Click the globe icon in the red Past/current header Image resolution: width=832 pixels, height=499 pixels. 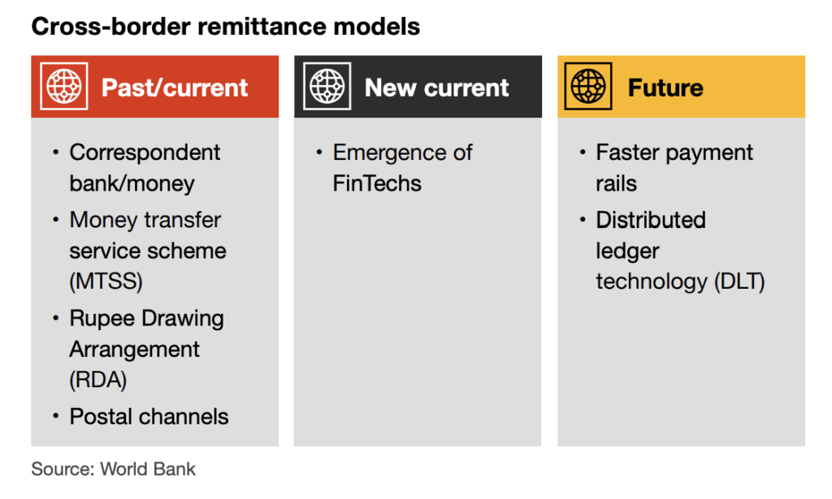click(64, 86)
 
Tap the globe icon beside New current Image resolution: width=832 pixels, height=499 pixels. click(327, 86)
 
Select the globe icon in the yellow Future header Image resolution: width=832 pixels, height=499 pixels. click(588, 86)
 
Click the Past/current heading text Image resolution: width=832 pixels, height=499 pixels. click(175, 88)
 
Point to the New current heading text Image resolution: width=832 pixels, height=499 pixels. click(436, 88)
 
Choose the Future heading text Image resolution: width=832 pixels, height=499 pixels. click(665, 88)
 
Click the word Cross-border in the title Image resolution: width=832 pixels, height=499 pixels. click(110, 27)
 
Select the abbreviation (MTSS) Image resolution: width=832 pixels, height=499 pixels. click(106, 282)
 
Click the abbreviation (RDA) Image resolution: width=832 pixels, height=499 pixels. click(98, 380)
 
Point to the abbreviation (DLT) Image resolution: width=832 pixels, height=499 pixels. click(739, 282)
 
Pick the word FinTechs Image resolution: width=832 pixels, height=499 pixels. click(377, 183)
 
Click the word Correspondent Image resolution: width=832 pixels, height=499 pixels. click(145, 153)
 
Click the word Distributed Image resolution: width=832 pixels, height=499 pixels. click(651, 220)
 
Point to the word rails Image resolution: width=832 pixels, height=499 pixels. click(616, 183)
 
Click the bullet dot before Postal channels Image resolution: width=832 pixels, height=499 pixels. click(56, 416)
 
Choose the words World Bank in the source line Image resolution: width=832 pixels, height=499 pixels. click(148, 469)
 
